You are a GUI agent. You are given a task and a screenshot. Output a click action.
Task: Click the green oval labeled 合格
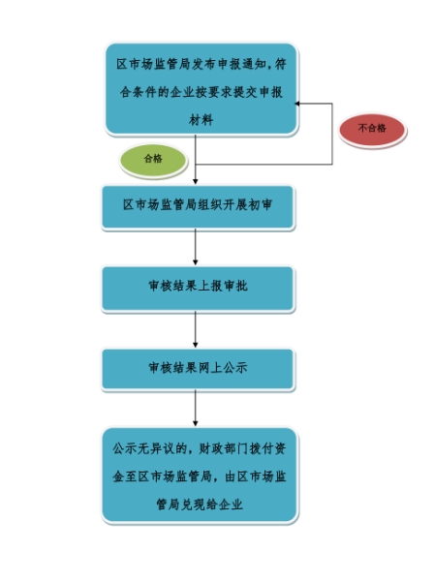[153, 161]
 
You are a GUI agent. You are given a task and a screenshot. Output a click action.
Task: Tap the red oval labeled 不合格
[372, 130]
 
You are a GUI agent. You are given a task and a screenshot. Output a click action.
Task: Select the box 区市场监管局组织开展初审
[198, 206]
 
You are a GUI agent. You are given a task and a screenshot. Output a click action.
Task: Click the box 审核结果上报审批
[198, 288]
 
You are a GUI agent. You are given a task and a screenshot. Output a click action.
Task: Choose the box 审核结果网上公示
[198, 369]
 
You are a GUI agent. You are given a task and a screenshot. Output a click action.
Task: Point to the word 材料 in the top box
[201, 120]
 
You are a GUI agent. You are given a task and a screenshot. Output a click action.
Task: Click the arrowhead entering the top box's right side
[297, 104]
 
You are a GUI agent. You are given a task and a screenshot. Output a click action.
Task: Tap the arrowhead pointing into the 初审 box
[196, 181]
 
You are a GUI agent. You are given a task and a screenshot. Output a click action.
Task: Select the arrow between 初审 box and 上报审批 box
[196, 247]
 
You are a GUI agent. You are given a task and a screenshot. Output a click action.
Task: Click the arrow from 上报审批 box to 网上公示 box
[196, 329]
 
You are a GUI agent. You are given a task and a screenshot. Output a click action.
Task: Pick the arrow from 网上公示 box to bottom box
[196, 408]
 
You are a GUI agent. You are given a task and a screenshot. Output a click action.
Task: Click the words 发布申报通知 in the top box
[230, 64]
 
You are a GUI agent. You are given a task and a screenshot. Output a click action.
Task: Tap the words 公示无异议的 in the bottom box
[149, 448]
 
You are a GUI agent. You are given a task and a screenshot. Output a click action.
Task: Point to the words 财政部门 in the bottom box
[223, 448]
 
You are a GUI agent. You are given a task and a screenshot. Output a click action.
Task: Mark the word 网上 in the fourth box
[210, 368]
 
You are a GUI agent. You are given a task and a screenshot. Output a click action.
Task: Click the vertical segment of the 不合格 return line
[332, 134]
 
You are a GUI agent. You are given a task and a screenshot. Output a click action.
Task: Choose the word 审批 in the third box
[235, 286]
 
